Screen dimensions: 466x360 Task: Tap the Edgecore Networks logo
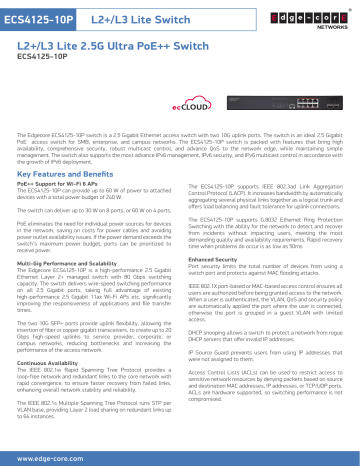click(x=321, y=19)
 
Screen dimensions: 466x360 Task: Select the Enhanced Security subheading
click(x=214, y=258)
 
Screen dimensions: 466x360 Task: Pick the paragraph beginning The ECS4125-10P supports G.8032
click(x=264, y=231)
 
